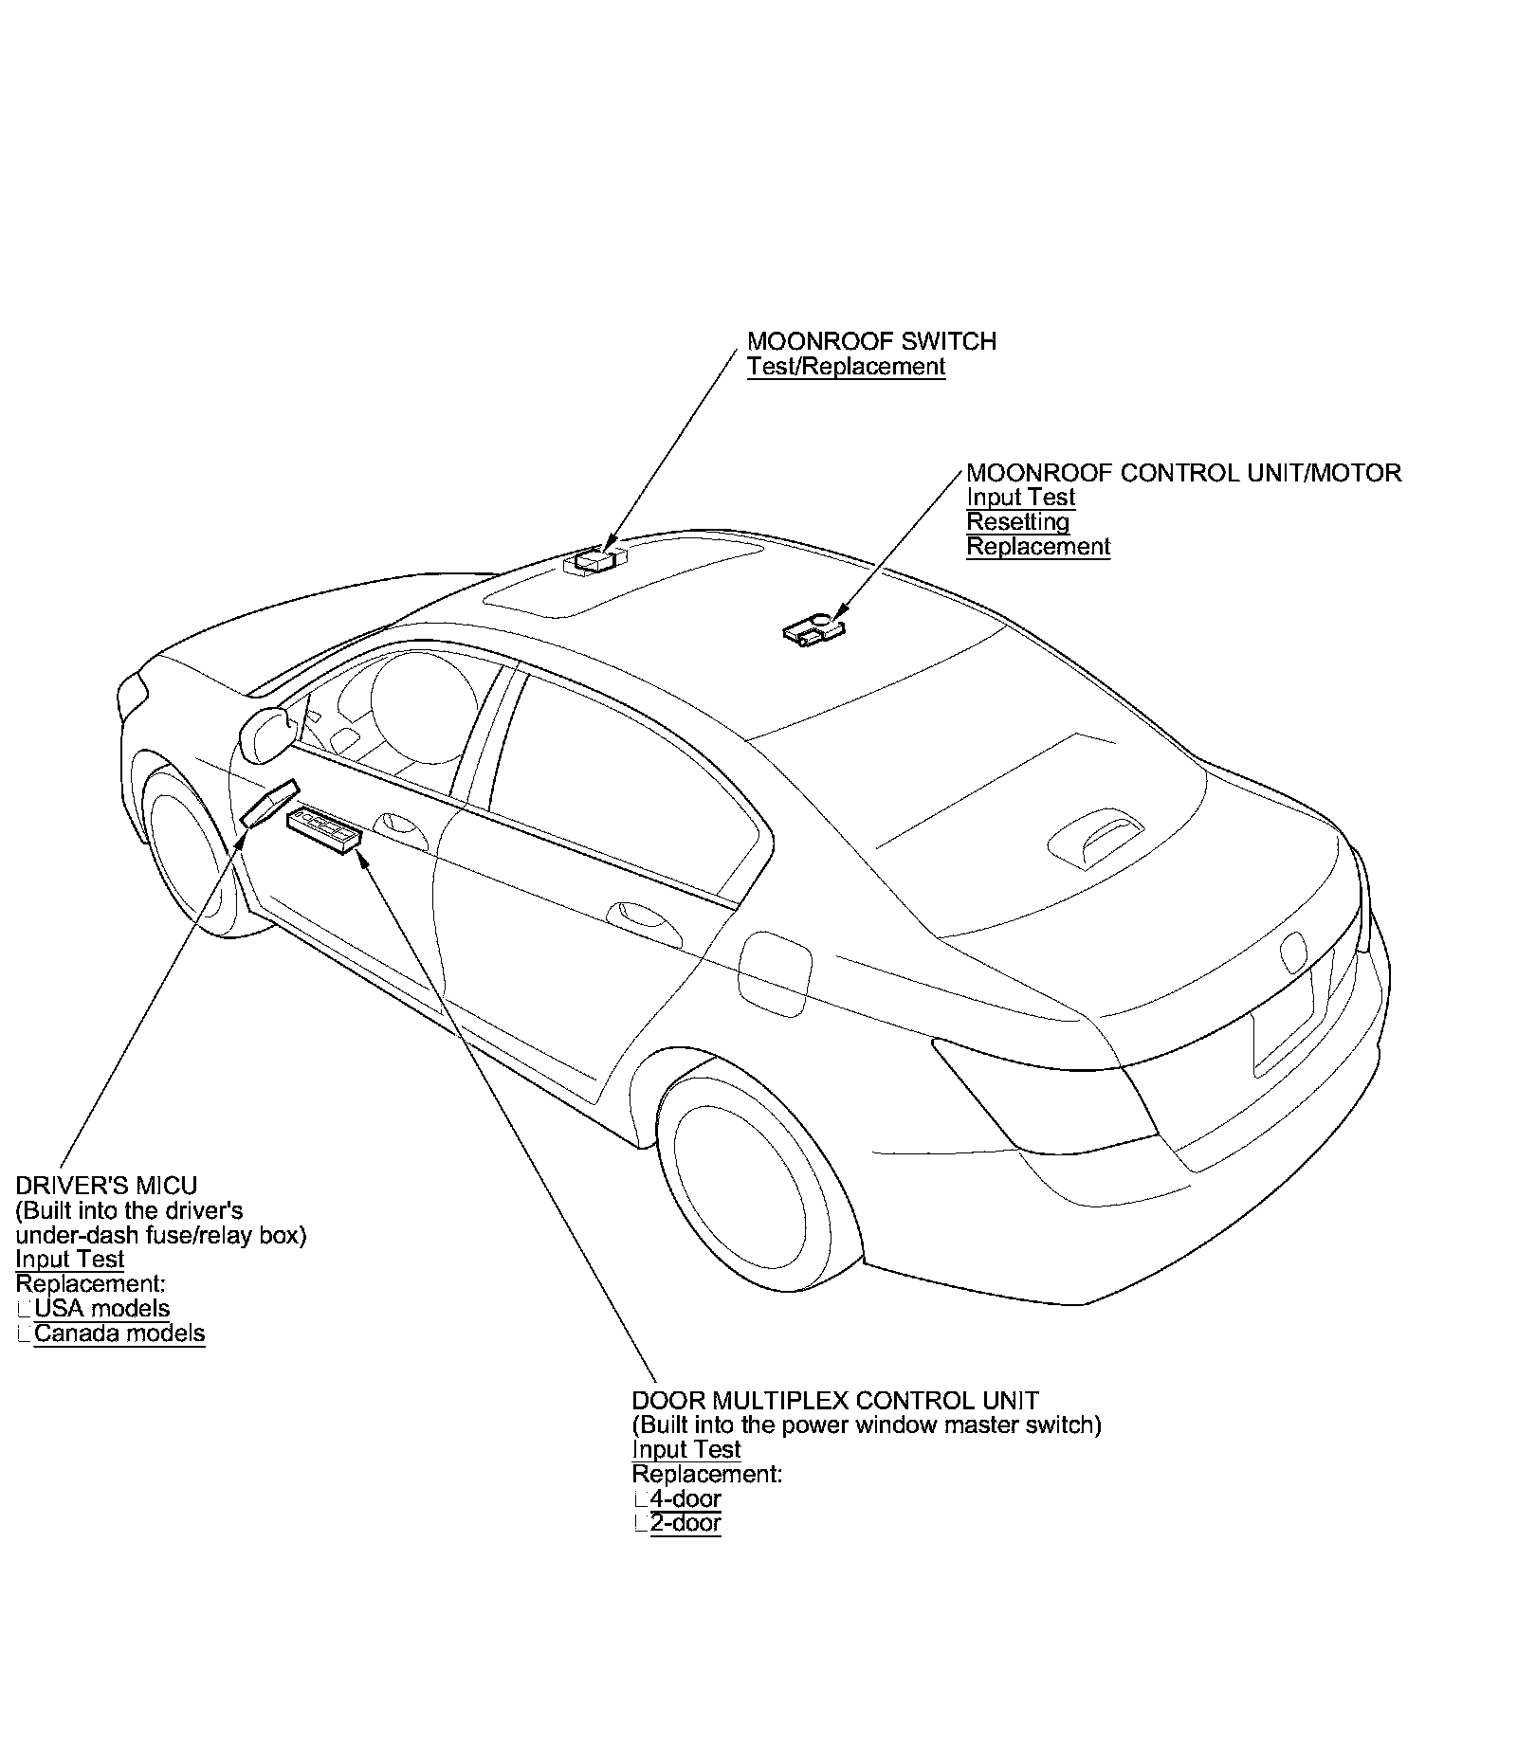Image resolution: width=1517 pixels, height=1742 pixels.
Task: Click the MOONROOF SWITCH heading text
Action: coord(871,341)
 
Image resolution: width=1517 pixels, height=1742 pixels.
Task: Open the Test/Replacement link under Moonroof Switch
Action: coord(846,367)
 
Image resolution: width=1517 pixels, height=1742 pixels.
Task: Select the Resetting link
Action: coord(1017,522)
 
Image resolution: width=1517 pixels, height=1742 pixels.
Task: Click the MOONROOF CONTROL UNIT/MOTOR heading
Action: coord(1183,473)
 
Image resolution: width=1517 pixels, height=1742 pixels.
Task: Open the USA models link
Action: coord(101,1309)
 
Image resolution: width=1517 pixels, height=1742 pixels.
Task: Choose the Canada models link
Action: coord(119,1334)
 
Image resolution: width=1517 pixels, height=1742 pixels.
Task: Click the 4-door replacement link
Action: coord(685,1499)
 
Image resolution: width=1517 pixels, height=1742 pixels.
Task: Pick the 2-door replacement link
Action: coord(685,1524)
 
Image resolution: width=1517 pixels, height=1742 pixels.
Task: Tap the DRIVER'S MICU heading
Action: coord(106,1186)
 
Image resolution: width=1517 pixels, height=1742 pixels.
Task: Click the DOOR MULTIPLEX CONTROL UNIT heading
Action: coord(834,1401)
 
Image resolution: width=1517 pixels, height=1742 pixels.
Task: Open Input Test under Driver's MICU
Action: coord(70,1260)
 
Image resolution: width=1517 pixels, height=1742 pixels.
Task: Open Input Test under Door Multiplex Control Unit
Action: coord(686,1450)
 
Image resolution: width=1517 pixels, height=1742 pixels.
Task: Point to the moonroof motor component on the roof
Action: coord(813,630)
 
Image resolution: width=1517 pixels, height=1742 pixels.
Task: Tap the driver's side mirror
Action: coord(268,733)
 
